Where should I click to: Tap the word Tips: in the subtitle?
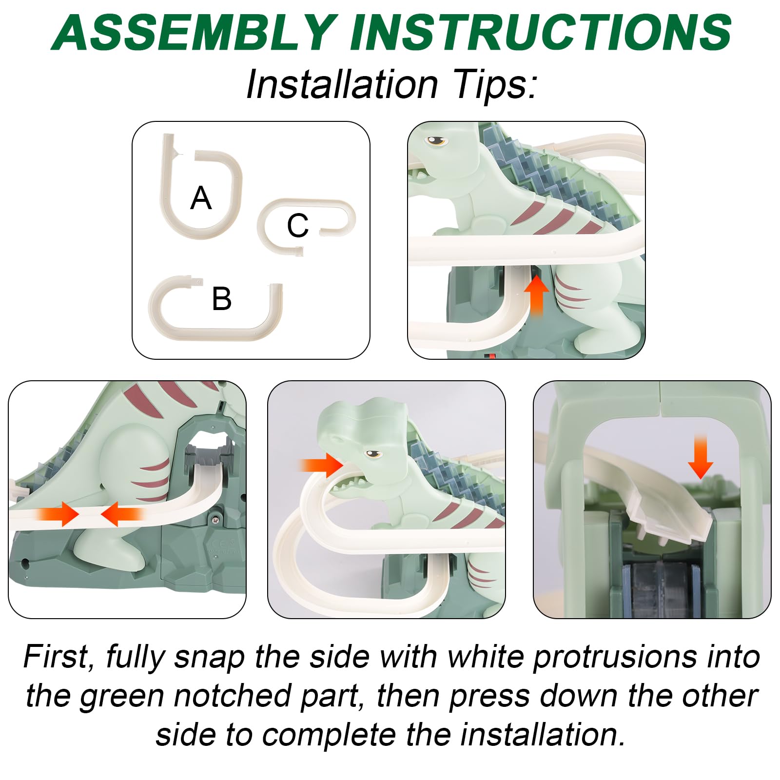[494, 84]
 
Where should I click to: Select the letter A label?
[201, 198]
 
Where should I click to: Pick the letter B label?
[222, 298]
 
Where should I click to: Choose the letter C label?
[297, 225]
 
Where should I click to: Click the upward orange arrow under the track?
[536, 295]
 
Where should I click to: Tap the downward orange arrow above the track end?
[701, 456]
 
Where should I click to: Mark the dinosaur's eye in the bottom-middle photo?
[374, 454]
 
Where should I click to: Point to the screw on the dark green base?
[215, 520]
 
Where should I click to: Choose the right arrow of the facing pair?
[122, 514]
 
